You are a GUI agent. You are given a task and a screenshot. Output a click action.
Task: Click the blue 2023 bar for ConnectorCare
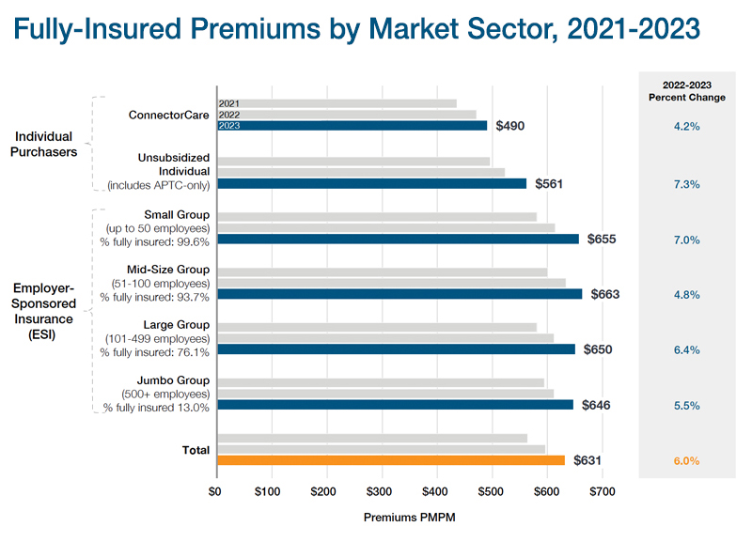352,126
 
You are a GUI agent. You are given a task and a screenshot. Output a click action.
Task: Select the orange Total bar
391,460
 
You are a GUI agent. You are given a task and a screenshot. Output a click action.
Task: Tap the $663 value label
605,294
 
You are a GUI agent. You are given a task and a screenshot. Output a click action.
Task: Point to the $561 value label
550,184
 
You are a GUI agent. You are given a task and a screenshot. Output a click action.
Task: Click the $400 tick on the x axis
435,491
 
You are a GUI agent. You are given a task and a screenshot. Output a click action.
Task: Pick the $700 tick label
602,491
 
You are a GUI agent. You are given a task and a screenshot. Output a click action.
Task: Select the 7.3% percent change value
687,184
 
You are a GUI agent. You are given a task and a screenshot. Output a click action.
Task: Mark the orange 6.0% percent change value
687,461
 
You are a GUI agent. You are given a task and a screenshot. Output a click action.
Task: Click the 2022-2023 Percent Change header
687,91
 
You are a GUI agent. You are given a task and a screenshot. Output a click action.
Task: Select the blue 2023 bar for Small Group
398,240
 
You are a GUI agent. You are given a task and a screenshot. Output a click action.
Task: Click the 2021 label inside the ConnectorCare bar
228,103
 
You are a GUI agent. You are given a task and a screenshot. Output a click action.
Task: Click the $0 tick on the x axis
216,491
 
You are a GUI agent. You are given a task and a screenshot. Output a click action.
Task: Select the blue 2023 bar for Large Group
396,349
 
